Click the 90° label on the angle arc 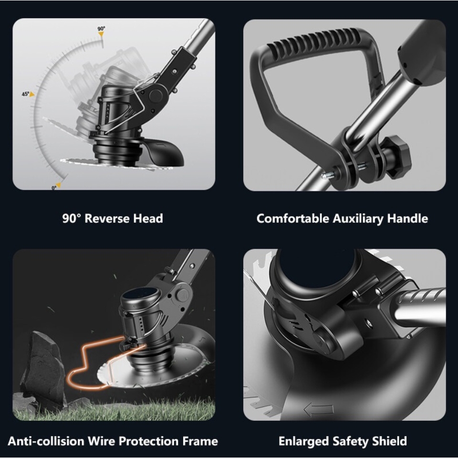pyautogui.click(x=101, y=29)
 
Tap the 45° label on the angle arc pyautogui.click(x=25, y=94)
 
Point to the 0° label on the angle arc pyautogui.click(x=54, y=188)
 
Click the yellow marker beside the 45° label pyautogui.click(x=32, y=94)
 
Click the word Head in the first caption pyautogui.click(x=148, y=219)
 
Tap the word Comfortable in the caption pyautogui.click(x=292, y=219)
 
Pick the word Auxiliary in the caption pyautogui.click(x=358, y=219)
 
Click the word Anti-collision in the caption pyautogui.click(x=46, y=441)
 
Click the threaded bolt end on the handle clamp pyautogui.click(x=328, y=176)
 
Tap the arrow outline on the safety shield pyautogui.click(x=319, y=409)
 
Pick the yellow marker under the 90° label pyautogui.click(x=101, y=34)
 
